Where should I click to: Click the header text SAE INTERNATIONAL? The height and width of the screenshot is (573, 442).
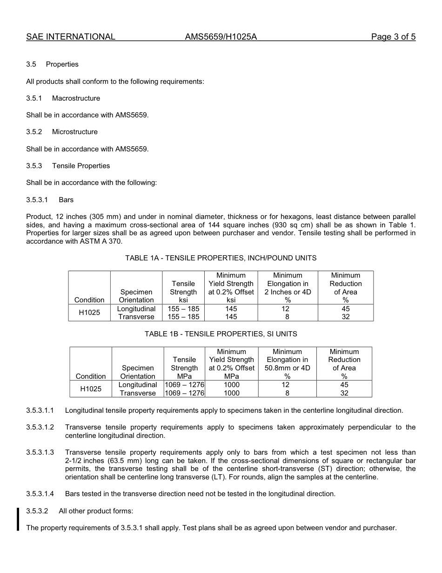coord(71,37)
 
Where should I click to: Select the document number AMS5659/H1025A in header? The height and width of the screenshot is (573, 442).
coord(221,37)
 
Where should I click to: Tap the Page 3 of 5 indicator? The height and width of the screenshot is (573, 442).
coord(393,37)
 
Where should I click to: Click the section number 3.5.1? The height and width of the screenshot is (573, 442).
coord(34,98)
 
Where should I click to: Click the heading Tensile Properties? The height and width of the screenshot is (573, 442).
coord(81,166)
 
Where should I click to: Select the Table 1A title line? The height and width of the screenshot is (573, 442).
coord(221,258)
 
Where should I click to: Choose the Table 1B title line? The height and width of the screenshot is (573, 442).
coord(221,334)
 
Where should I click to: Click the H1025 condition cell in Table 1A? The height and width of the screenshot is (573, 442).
coord(89,313)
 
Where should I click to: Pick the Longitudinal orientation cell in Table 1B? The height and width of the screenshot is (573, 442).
coord(138,385)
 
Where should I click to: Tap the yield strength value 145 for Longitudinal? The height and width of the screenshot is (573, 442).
coord(231,309)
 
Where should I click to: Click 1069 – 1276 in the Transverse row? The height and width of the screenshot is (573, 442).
coord(185,393)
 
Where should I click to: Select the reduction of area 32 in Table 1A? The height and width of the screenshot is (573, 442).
coord(346,317)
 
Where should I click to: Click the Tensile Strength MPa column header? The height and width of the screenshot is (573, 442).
coord(184,368)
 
